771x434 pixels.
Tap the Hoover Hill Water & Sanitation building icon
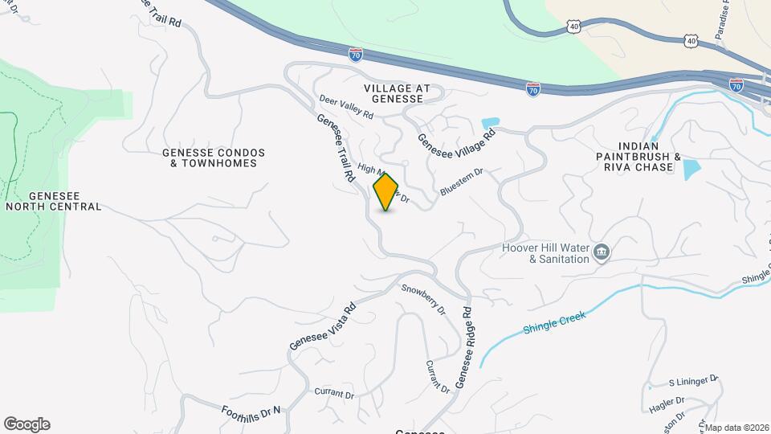tap(601, 253)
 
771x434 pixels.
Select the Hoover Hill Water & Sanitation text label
tap(546, 253)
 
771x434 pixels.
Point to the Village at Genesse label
tap(397, 93)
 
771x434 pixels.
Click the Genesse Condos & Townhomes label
tap(214, 158)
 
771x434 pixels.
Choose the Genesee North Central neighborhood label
tap(54, 201)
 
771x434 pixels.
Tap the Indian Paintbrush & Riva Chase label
tap(634, 162)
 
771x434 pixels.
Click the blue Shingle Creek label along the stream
tap(554, 322)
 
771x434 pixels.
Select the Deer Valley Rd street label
tap(347, 108)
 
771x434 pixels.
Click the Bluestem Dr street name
tap(462, 182)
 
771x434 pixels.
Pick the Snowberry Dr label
tap(423, 298)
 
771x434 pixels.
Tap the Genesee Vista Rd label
tap(322, 326)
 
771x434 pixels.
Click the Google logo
tap(27, 424)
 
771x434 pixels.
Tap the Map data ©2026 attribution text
tap(736, 428)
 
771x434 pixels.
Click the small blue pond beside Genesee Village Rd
tap(490, 124)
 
